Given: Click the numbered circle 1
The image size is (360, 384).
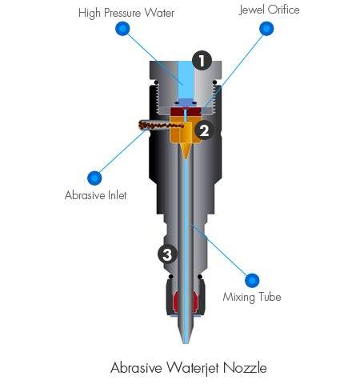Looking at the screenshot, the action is point(202,61).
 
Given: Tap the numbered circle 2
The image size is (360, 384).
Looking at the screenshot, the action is point(204,130).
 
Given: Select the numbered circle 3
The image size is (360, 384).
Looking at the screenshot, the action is point(167,254).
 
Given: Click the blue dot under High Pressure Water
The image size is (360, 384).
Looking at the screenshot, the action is point(122,29).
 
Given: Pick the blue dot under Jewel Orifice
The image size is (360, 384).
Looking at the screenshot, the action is point(266,29).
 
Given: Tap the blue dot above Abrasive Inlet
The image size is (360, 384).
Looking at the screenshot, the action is point(94,178).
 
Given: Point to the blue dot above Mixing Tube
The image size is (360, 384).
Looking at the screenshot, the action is point(252,280).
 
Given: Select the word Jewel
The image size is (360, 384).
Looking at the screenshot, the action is point(252,10).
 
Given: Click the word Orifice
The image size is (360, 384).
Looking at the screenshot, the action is point(283,10).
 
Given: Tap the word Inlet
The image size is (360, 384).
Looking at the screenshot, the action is point(118,195).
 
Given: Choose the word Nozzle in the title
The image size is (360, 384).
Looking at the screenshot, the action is point(245,368).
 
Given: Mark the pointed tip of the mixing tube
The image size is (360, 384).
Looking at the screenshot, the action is point(186,343).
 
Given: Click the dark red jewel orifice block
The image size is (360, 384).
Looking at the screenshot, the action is point(186,111).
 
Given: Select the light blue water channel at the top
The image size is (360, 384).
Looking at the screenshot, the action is point(186,79).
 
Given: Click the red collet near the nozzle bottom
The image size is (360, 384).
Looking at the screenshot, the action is point(186,302).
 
